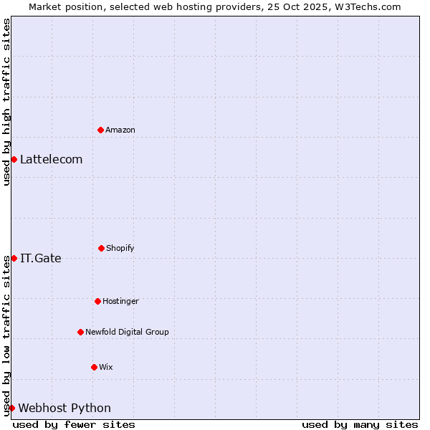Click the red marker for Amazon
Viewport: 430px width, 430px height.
tap(100, 130)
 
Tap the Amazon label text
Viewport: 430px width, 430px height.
tap(120, 130)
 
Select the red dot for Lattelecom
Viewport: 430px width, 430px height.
tap(14, 159)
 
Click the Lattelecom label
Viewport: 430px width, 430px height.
tap(51, 160)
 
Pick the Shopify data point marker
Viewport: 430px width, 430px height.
tap(101, 248)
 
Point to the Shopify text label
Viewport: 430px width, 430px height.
tap(120, 249)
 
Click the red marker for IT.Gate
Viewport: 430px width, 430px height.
tap(14, 258)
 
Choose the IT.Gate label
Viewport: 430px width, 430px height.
tap(41, 259)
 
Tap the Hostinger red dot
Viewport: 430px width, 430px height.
tap(97, 301)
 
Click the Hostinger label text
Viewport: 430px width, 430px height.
tap(120, 302)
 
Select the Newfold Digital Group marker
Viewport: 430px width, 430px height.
tap(80, 332)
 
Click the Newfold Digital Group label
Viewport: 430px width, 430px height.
tap(127, 333)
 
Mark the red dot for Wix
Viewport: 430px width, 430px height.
tap(94, 367)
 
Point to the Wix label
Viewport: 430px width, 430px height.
tap(106, 368)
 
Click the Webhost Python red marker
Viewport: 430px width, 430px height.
tap(11, 408)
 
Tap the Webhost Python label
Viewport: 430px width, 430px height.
tap(64, 408)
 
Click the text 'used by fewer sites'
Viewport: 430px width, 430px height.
tap(74, 424)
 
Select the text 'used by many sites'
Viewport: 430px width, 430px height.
tap(360, 424)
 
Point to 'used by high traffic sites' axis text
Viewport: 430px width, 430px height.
tap(6, 102)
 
